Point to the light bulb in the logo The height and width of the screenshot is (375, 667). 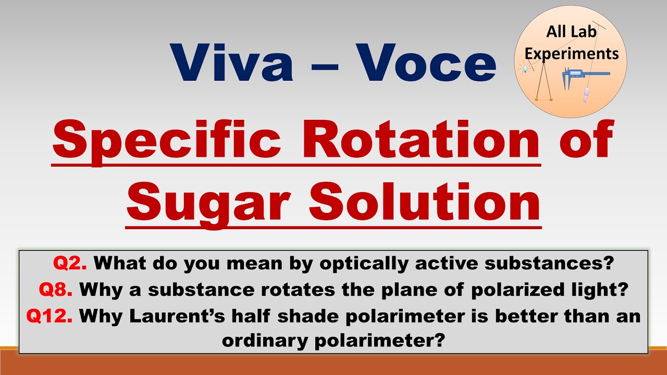coord(526,68)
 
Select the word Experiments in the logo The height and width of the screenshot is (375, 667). coord(571,53)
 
